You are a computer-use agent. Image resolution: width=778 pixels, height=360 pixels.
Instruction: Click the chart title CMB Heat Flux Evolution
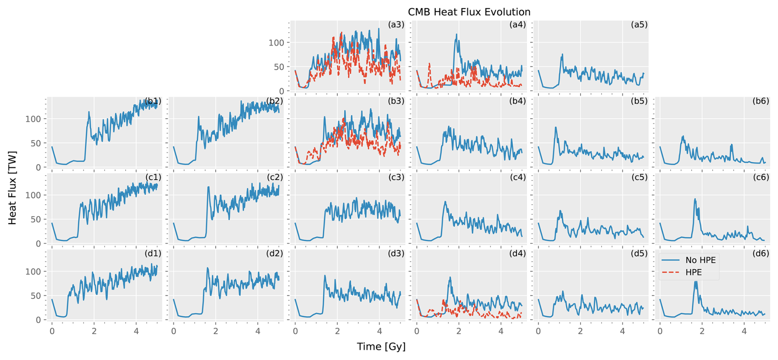coord(469,12)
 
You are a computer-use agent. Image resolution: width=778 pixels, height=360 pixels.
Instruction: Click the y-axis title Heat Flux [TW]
coord(13,188)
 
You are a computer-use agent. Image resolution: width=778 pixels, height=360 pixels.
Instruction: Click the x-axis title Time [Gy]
coord(381,346)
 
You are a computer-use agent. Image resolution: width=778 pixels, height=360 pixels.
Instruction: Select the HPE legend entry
coord(693,272)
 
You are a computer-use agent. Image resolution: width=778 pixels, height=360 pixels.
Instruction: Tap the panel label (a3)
coord(396,25)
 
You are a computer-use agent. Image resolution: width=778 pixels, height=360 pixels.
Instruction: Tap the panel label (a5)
coord(639,25)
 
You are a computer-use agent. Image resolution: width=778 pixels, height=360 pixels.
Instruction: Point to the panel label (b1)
coord(153,101)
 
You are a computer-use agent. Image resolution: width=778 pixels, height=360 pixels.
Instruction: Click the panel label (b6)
coord(761,101)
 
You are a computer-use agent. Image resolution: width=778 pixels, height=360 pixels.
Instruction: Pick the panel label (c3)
coord(396,178)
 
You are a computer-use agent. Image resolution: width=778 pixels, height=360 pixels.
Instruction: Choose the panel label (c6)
coord(761,178)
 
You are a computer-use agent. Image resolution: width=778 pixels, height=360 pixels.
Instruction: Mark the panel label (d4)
coord(517,254)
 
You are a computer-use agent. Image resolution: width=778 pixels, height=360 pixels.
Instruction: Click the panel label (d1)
coord(153,254)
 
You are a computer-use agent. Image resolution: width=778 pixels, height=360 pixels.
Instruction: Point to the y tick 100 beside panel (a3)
coord(277,43)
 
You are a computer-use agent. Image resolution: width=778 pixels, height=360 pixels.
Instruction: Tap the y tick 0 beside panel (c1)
coord(39,244)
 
